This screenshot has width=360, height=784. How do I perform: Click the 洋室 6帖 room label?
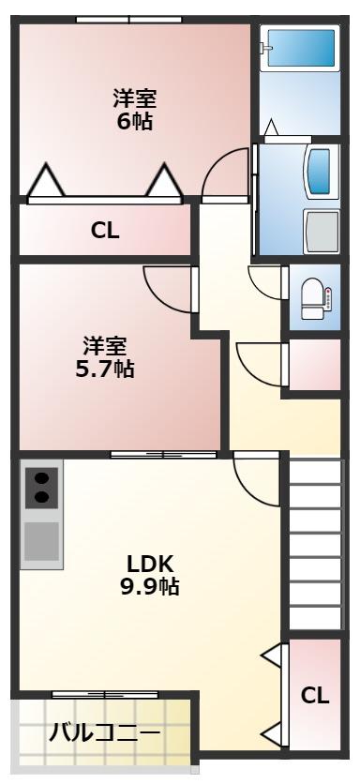pyautogui.click(x=135, y=110)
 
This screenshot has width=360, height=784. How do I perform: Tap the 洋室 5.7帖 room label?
pyautogui.click(x=105, y=356)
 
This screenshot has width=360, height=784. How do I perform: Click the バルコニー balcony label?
pyautogui.click(x=104, y=732)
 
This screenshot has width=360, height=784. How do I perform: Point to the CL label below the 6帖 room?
pyautogui.click(x=105, y=231)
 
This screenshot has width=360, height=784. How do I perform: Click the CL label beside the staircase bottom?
pyautogui.click(x=315, y=695)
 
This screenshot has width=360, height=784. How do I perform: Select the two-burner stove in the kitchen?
pyautogui.click(x=41, y=488)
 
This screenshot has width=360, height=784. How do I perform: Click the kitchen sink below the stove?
pyautogui.click(x=41, y=542)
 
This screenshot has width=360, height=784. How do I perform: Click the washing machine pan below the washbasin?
pyautogui.click(x=322, y=230)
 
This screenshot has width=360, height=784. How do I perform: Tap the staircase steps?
pyautogui.click(x=314, y=544)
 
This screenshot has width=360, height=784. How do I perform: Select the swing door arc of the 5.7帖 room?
pyautogui.click(x=168, y=286)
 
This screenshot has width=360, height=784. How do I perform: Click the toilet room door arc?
pyautogui.click(x=265, y=282)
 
